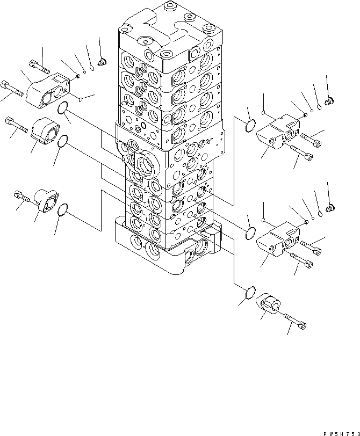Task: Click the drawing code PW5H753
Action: point(341,433)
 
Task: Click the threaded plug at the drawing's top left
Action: point(103,62)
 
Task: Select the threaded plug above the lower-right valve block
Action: point(330,208)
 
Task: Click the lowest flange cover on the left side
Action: point(47,200)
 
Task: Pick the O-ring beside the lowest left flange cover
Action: point(63,209)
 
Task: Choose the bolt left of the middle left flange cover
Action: point(17,125)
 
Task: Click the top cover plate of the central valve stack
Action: point(171,33)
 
